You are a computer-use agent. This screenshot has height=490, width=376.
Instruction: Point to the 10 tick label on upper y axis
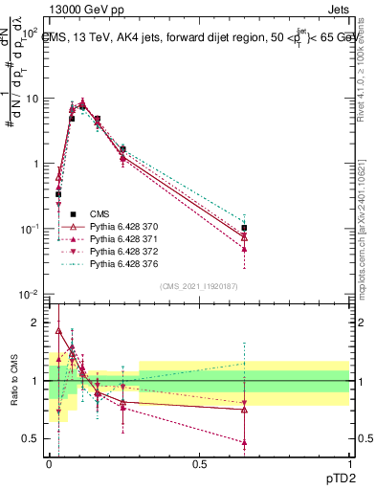tap(31, 98)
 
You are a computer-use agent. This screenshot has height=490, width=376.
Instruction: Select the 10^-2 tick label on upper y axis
tap(29, 294)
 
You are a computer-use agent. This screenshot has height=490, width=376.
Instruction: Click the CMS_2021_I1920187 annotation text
tap(199, 285)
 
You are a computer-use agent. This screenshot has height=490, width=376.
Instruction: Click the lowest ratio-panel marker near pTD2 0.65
tap(245, 443)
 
